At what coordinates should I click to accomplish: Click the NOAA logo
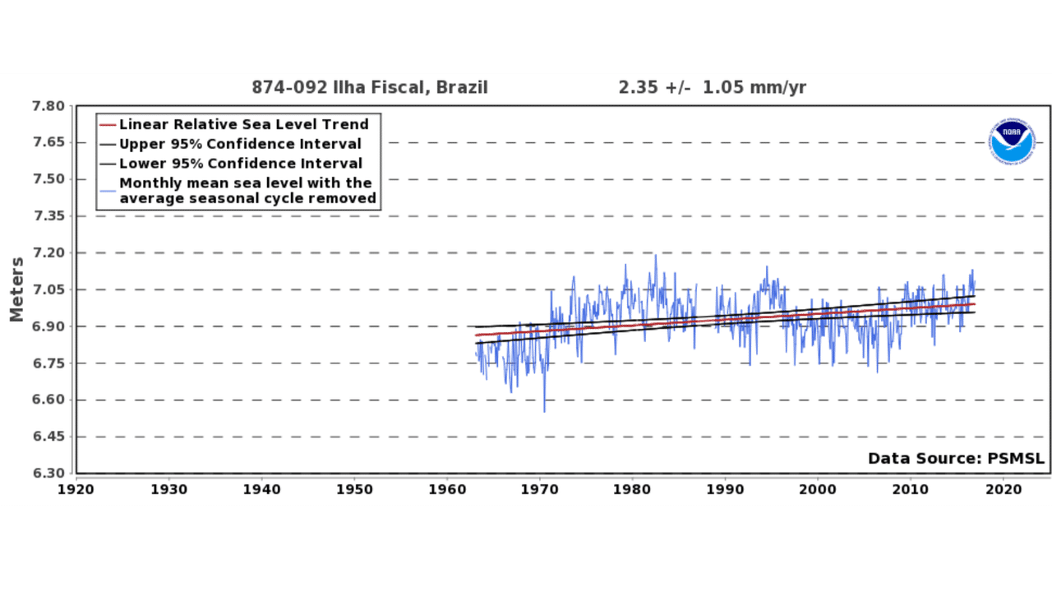tap(1012, 141)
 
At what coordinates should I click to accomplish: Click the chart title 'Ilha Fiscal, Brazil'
tap(370, 87)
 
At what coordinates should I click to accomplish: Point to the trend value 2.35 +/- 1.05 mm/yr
tap(713, 87)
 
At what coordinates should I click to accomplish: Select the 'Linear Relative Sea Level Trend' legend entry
tap(243, 125)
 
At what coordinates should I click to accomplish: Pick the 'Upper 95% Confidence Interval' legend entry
tap(240, 144)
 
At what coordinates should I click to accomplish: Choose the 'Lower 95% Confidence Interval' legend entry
tap(240, 164)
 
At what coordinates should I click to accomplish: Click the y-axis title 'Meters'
tap(16, 289)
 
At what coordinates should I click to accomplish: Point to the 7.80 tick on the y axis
tap(48, 106)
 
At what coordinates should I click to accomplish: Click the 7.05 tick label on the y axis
tap(48, 289)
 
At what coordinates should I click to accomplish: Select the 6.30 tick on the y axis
tap(48, 474)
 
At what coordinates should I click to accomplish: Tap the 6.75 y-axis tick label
tap(48, 363)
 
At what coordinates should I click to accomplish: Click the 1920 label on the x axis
tap(76, 488)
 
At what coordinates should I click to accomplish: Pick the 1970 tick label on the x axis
tap(540, 488)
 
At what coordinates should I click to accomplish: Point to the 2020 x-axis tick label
tap(1004, 488)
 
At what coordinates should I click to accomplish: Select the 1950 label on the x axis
tap(354, 488)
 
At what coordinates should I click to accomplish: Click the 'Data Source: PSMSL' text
tap(956, 459)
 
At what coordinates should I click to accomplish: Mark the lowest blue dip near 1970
tap(544, 410)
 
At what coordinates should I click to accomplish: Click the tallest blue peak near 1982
tap(655, 256)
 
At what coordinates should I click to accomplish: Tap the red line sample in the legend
tap(108, 125)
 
